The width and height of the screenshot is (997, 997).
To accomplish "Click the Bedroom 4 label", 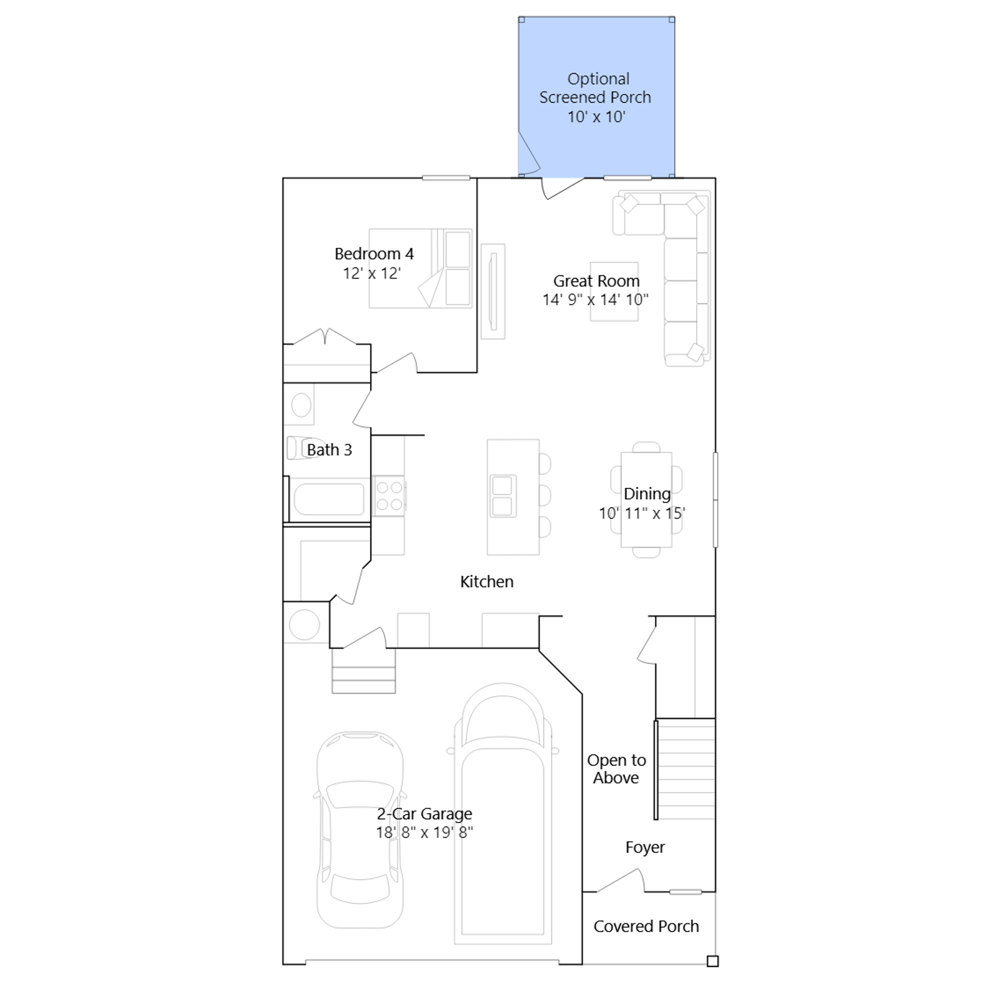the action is pos(374,254).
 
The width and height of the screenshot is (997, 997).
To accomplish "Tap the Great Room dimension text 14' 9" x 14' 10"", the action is pos(595,300).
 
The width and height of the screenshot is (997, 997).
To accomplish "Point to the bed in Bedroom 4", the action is pos(421,269).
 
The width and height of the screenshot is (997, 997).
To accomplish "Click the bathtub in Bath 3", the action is pos(329,500).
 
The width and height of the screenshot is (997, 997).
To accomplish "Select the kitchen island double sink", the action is pos(503,496).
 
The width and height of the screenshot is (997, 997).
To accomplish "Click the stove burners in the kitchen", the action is pos(389,496).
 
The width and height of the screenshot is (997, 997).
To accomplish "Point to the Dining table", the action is pos(646,500).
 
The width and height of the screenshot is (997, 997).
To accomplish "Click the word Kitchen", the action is pos(487,581).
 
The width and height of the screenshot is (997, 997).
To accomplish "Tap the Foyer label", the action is pos(645,847).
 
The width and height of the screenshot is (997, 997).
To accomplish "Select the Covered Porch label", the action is pos(646,927).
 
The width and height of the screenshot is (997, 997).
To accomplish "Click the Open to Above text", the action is pos(616,769).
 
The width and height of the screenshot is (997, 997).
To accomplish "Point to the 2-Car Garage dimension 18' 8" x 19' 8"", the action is pos(424,832).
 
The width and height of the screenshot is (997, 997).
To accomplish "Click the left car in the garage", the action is pos(360,830).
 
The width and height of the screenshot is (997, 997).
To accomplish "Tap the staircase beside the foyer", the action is pos(685,770).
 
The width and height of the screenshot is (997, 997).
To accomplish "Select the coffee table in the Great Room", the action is pos(614,292).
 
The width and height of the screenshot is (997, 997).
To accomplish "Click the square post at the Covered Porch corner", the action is pos(713,961).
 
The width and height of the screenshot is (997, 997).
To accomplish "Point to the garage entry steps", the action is pos(363,670).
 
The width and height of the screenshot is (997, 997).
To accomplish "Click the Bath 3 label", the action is pos(329,449).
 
